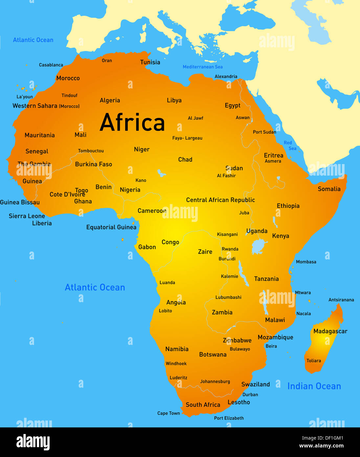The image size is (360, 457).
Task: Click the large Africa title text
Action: [x=132, y=122]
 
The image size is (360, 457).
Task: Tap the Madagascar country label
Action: [x=330, y=331]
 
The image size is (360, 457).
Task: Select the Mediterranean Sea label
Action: [x=203, y=67]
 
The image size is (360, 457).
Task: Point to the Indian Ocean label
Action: [x=314, y=386]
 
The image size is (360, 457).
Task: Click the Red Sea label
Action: [x=290, y=145]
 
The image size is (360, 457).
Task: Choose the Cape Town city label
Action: [x=169, y=413]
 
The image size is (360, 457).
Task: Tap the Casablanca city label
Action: [x=51, y=65]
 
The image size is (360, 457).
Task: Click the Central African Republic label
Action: [x=220, y=200]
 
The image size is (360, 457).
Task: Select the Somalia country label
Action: [x=329, y=189]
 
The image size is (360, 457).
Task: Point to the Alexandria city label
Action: [x=226, y=77]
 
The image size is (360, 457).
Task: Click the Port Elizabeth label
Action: [x=229, y=418]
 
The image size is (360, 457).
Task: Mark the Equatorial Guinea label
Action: [x=111, y=227]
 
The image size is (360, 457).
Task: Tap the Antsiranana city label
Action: [x=341, y=300]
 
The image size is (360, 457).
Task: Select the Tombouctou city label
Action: [x=91, y=151]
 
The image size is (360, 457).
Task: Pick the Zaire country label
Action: [x=205, y=252]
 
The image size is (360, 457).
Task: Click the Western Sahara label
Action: [x=46, y=106]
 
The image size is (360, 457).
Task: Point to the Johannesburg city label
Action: [x=215, y=382]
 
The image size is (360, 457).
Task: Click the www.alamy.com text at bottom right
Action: [x=321, y=446]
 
